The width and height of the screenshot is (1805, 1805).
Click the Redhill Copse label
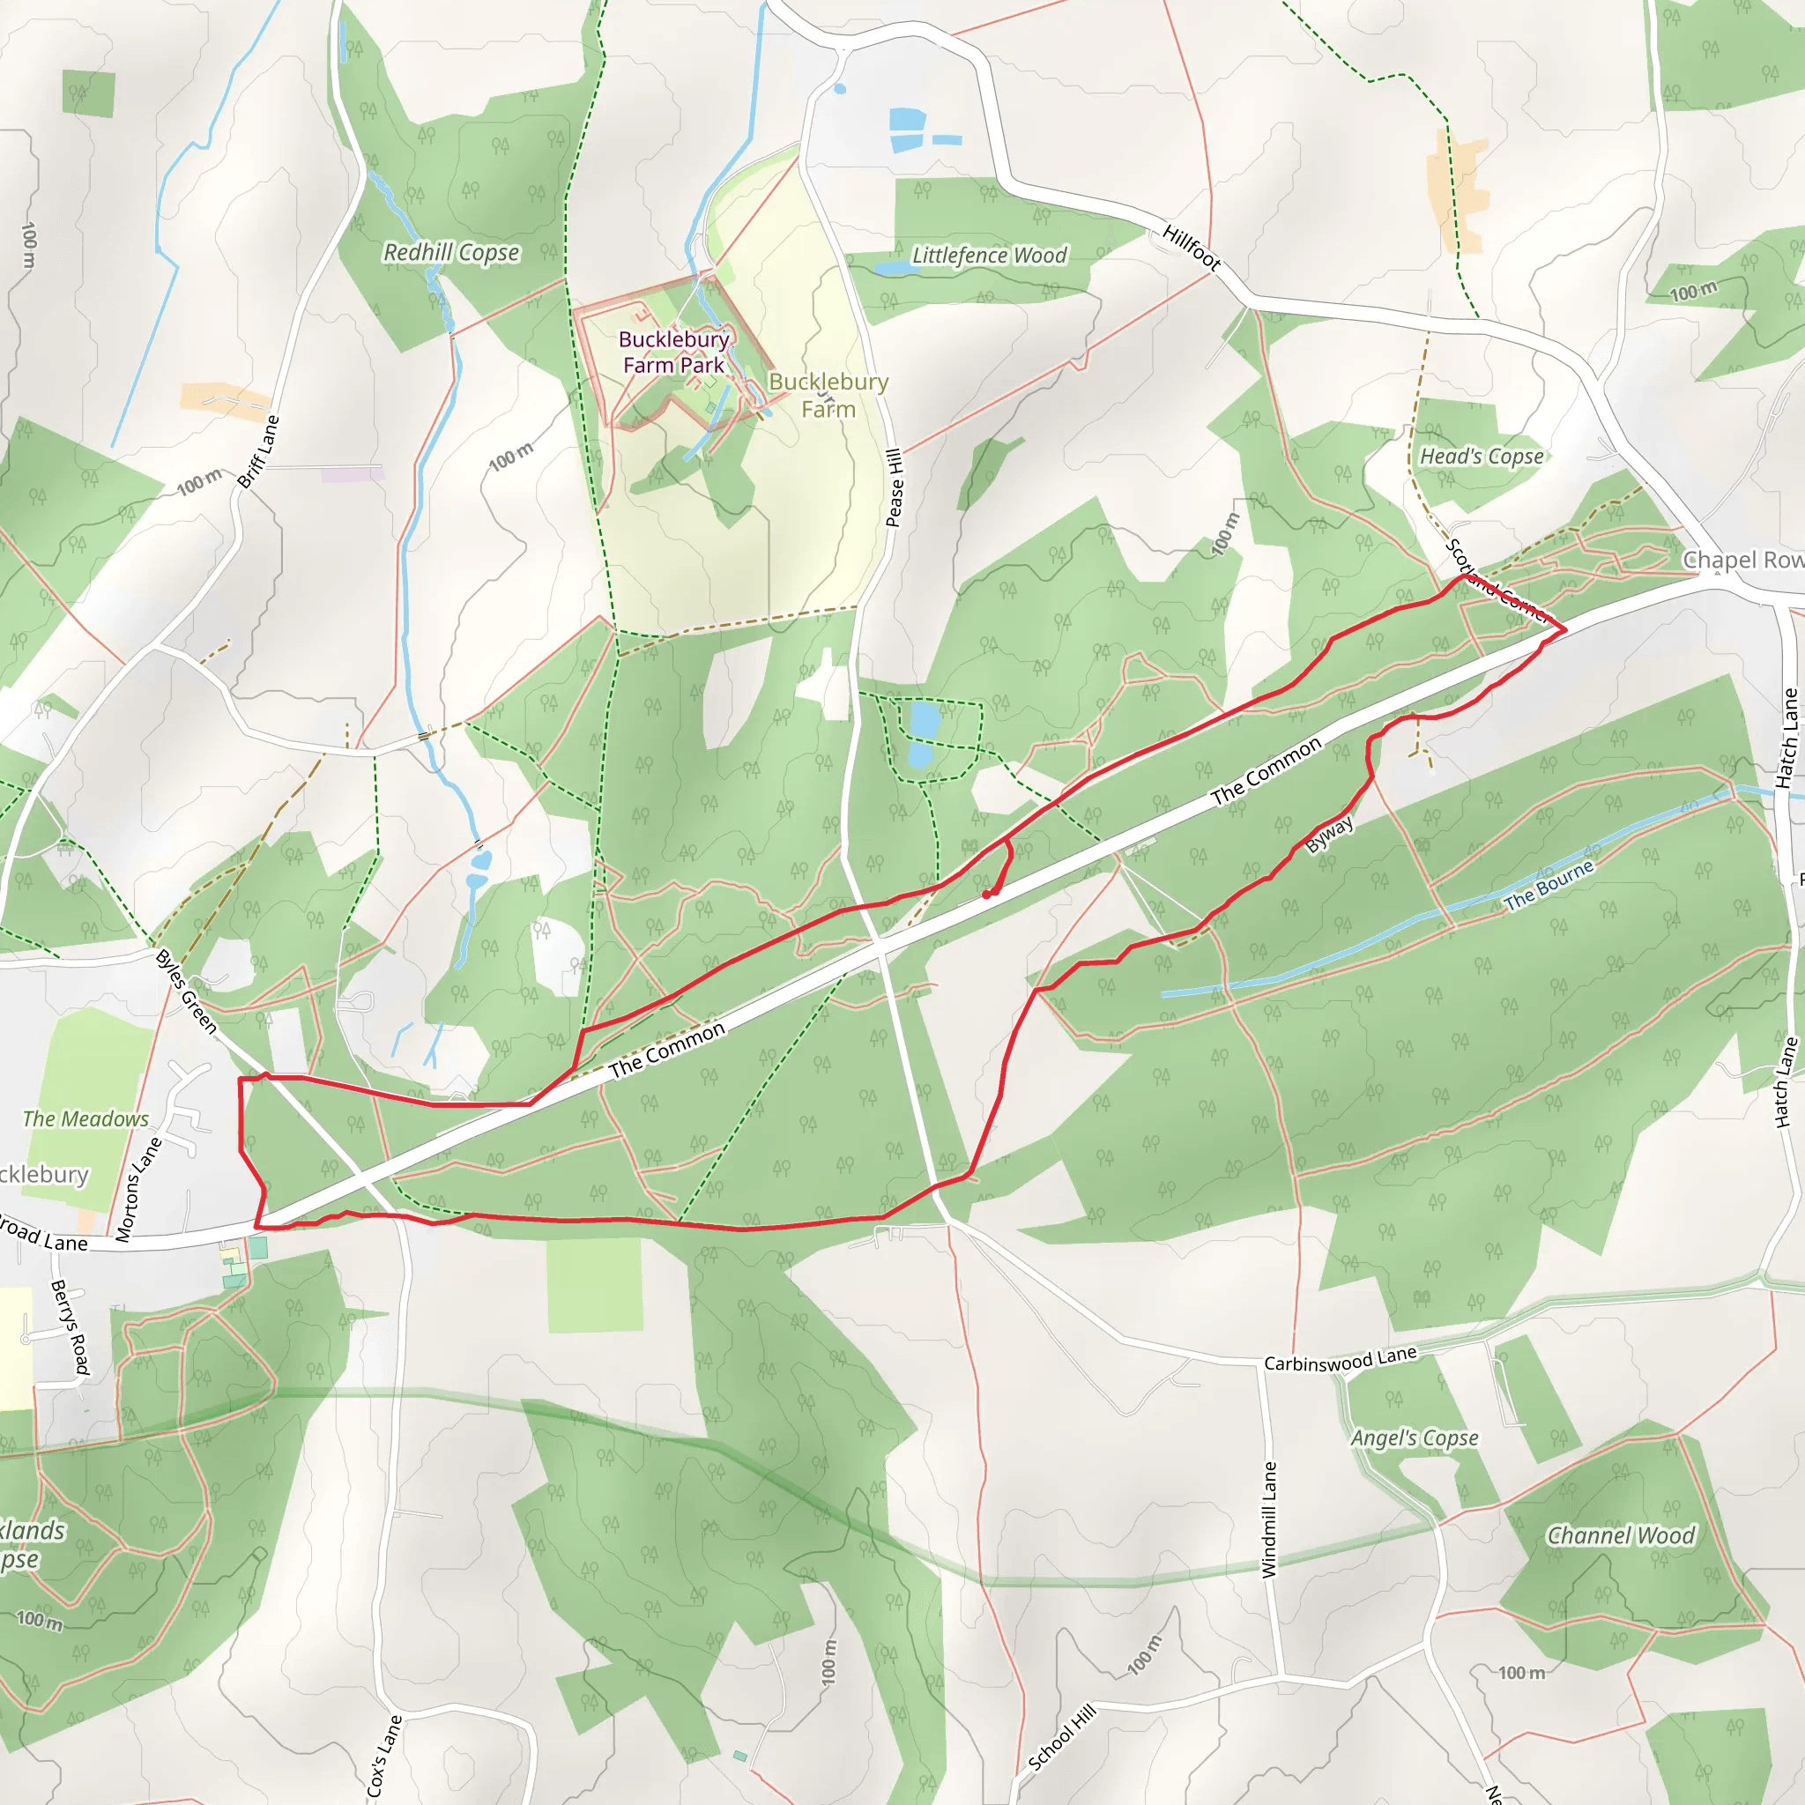pos(451,252)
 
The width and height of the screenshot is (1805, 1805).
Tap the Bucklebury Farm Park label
pos(673,353)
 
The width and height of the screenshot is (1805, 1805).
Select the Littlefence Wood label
pos(990,255)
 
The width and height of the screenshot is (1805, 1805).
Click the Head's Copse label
pos(1482,457)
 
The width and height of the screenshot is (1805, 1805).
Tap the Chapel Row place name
pos(1742,560)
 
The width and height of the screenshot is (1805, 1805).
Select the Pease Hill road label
pos(895,487)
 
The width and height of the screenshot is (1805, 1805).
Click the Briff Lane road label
pos(259,452)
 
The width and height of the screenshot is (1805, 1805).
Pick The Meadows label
pos(86,1118)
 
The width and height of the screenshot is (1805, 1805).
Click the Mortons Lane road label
pos(138,1188)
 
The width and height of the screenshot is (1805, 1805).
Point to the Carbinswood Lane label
pos(1340,1359)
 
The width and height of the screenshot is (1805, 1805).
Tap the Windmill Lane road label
pos(1269,1520)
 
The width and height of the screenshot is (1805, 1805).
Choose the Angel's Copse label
pos(1415,1437)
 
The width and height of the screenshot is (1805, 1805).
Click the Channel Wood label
pos(1621,1536)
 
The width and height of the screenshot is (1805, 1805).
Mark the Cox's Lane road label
pos(384,1756)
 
